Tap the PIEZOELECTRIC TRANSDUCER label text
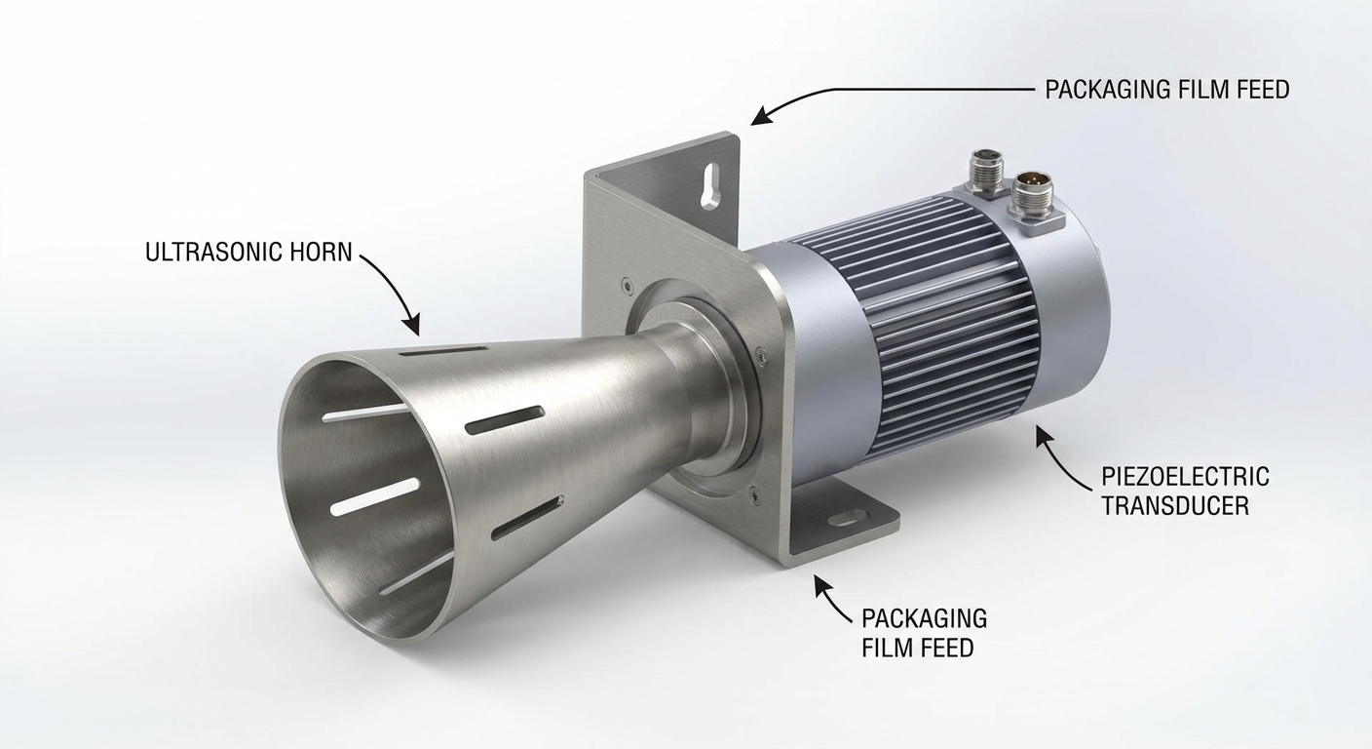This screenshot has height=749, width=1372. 1185,493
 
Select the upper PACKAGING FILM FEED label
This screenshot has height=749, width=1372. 1166,90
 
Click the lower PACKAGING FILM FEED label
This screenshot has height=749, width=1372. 924,633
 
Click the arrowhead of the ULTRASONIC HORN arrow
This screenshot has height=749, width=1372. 413,326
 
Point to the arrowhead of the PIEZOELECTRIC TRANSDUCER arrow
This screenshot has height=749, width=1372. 1041,432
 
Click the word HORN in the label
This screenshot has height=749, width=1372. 318,252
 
